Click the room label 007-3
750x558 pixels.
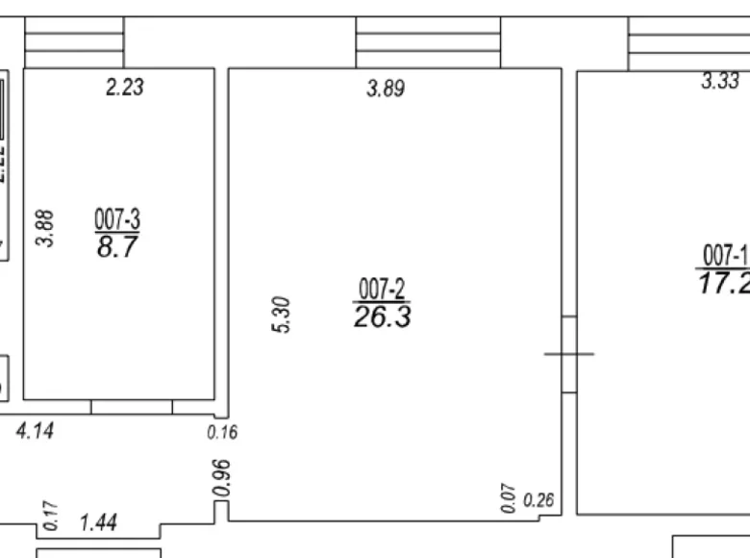[117, 220]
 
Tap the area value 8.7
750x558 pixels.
[117, 248]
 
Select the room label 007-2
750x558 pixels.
[383, 288]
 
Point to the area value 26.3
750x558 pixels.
[383, 317]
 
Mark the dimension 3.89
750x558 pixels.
[386, 89]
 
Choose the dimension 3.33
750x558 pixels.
[719, 83]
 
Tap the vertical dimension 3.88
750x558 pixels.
[45, 230]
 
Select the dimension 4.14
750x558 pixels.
[35, 431]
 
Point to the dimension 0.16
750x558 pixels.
[222, 433]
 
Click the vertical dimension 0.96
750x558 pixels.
[221, 479]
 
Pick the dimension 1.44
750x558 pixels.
[98, 523]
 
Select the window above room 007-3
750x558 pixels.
[75, 42]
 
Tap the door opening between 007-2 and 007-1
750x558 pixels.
[568, 354]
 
